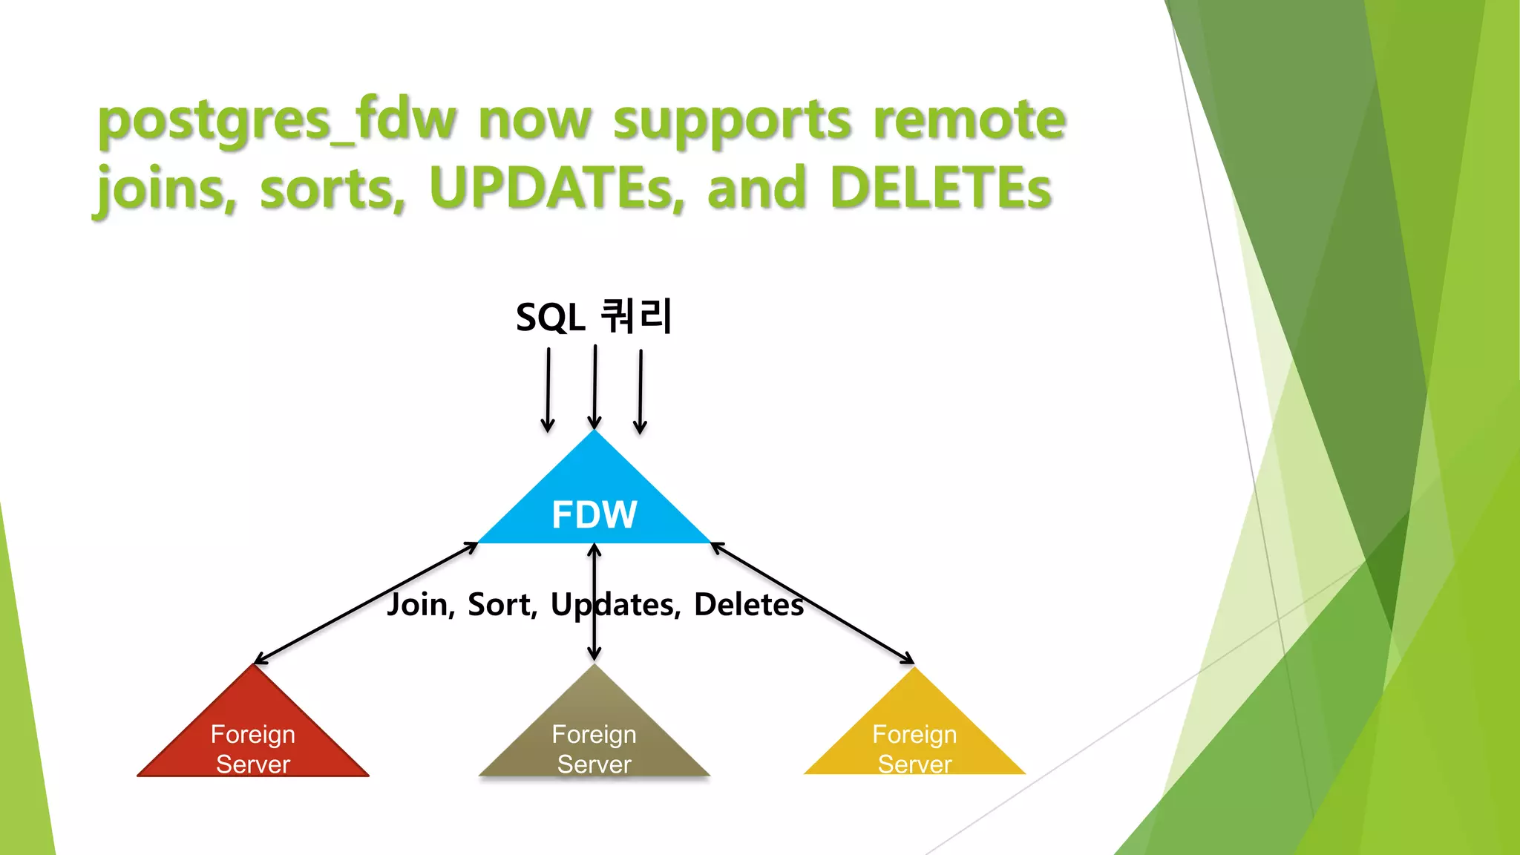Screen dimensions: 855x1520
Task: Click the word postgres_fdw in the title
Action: (276, 121)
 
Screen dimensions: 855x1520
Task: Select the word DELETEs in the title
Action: (941, 189)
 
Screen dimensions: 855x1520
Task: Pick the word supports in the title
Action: (732, 121)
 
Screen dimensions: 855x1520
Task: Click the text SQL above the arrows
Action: (550, 318)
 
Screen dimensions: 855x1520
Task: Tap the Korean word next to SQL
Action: (636, 316)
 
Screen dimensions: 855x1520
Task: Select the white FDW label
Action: (594, 514)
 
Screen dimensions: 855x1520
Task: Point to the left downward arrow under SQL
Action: (548, 390)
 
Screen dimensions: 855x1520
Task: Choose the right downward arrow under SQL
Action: (641, 392)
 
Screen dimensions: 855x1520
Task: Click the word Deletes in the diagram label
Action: (748, 605)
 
